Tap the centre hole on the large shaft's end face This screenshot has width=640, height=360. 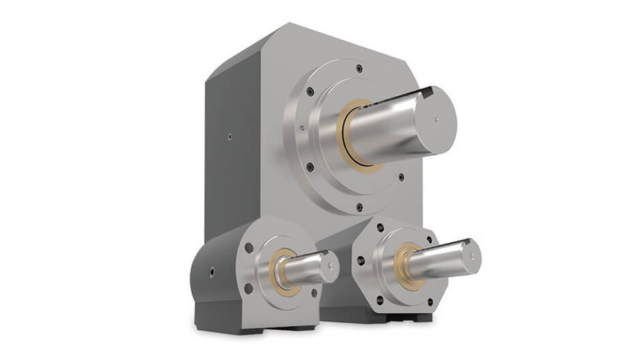(x=438, y=119)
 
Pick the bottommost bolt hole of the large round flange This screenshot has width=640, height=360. (x=359, y=206)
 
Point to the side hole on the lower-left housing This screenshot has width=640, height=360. (x=212, y=272)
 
